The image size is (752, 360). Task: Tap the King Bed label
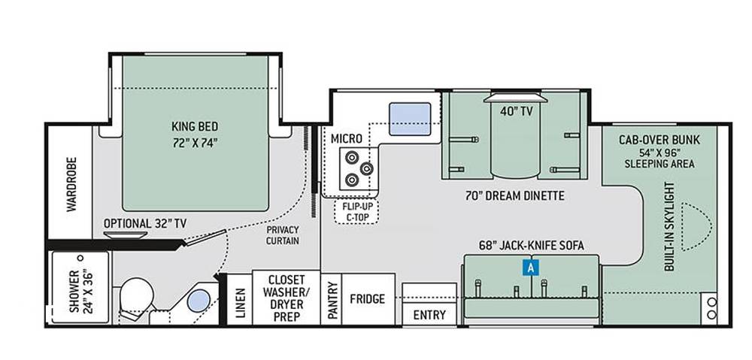tap(195, 126)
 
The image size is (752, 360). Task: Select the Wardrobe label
tap(71, 184)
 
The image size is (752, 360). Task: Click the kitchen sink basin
tap(410, 119)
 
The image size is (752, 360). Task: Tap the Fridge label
tap(368, 299)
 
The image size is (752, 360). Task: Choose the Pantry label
tap(332, 300)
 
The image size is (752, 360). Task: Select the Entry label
tap(429, 316)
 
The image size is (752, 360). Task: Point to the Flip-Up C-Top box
tap(356, 211)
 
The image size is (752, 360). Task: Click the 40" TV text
tap(517, 112)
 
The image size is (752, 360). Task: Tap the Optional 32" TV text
tap(145, 223)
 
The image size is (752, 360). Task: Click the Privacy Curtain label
tap(283, 235)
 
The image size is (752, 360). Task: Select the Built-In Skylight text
tap(669, 226)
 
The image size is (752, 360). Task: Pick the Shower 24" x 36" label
tap(80, 292)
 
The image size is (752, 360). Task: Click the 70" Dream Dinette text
tap(514, 195)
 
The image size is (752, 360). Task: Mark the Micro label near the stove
tap(346, 138)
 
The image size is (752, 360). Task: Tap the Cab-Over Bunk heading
tap(659, 140)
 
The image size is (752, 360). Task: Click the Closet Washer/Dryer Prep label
tap(287, 298)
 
